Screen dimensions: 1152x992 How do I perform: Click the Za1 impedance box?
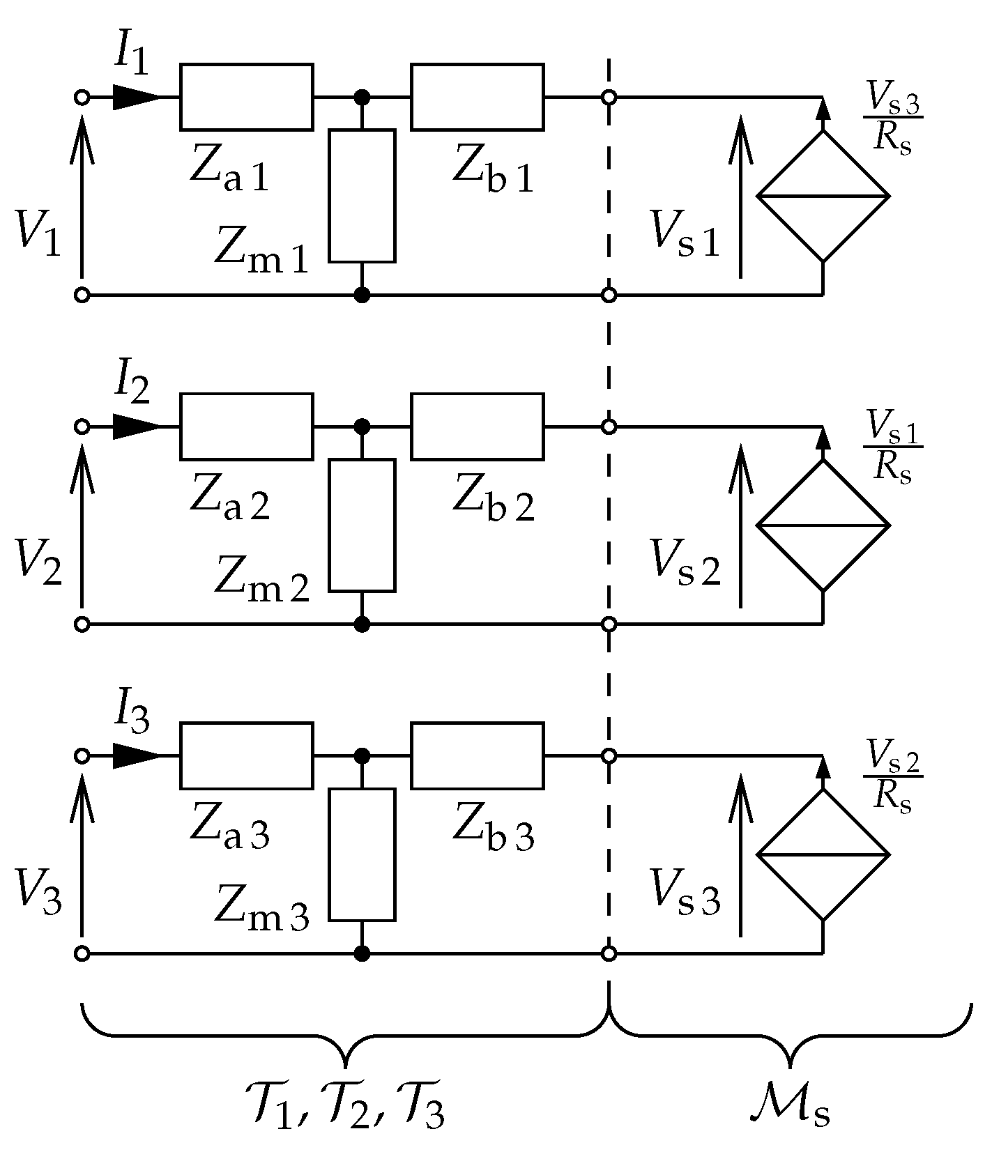tap(246, 97)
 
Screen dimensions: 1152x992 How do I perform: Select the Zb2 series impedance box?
tap(477, 427)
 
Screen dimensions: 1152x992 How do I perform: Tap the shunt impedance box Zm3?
tap(362, 854)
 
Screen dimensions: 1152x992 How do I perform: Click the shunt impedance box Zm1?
tap(362, 196)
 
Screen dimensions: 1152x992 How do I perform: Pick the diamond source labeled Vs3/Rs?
tap(823, 196)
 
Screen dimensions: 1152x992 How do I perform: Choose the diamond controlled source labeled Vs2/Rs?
tap(823, 854)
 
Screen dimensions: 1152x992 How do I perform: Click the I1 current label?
tap(131, 57)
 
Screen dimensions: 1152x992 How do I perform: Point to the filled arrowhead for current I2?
tap(136, 427)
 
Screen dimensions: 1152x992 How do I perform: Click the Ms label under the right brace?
tap(789, 1108)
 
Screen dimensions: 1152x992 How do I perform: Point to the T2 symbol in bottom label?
tap(341, 1108)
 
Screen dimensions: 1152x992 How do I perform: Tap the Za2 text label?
tap(229, 499)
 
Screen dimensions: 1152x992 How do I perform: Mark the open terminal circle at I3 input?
tap(82, 756)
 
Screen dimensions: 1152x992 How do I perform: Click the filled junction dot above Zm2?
tap(362, 427)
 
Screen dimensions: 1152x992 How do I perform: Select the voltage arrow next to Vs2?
tap(740, 526)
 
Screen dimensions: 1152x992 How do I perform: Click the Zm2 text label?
tap(261, 578)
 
